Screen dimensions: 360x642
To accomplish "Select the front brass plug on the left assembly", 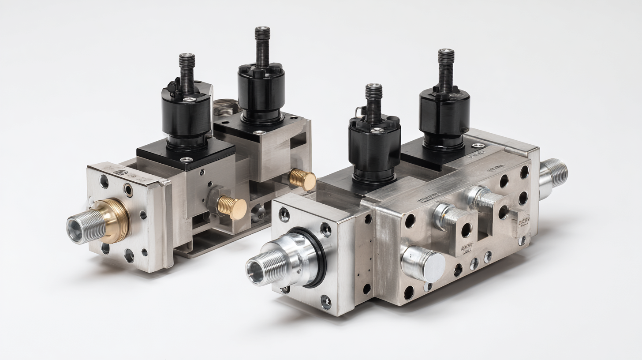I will pos(232,207).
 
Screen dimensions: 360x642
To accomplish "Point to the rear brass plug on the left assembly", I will pos(302,179).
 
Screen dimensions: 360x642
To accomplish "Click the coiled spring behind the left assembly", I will pos(225,106).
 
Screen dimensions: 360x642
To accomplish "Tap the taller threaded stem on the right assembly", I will pos(446,69).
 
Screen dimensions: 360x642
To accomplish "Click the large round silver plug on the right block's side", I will pos(423,264).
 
